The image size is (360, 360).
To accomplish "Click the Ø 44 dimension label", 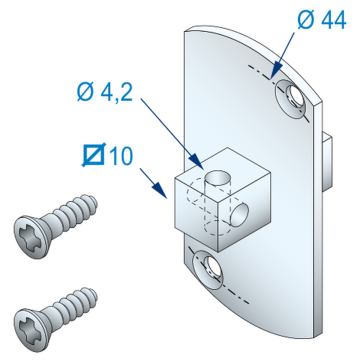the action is click(x=322, y=22).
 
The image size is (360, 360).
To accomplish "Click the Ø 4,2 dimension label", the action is click(x=105, y=92).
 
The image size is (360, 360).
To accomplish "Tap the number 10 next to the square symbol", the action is click(x=120, y=156).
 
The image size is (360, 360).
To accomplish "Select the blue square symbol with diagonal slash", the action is click(x=94, y=154).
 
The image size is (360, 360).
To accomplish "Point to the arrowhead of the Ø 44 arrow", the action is click(x=273, y=74).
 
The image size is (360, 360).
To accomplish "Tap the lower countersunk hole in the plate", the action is click(x=208, y=270).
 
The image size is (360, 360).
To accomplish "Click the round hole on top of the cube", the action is click(x=218, y=177).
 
